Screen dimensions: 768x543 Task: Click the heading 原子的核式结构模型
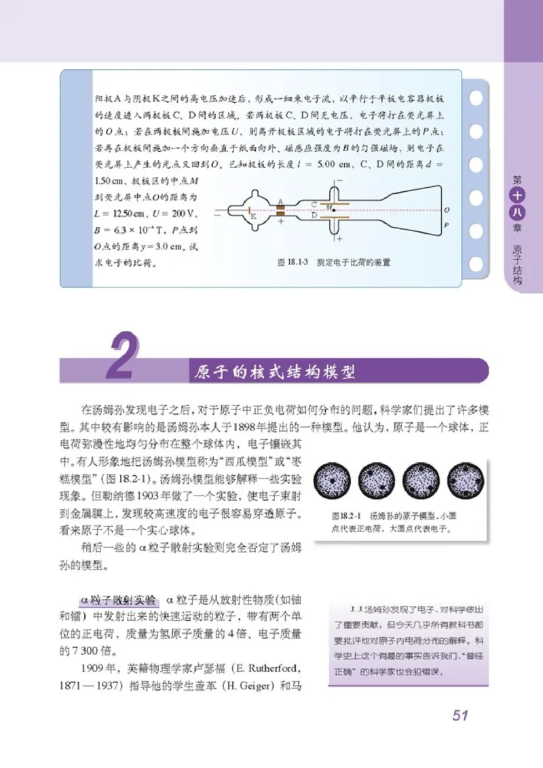point(275,372)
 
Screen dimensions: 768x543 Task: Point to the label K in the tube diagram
point(253,217)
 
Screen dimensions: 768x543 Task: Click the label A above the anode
point(279,201)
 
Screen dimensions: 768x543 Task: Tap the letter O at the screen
point(446,209)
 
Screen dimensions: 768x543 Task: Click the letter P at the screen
point(446,224)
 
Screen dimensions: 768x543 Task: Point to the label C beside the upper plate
point(314,203)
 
